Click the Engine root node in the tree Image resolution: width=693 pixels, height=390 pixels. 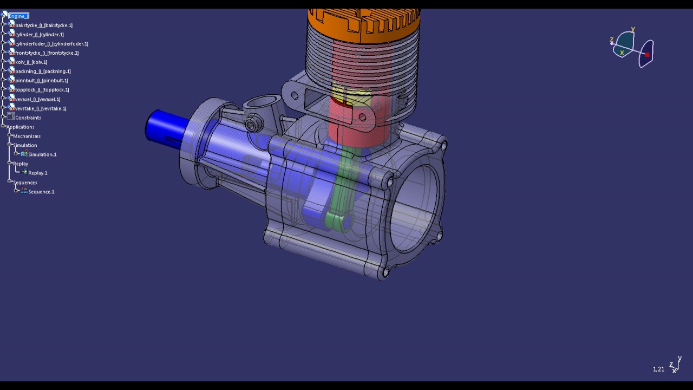pyautogui.click(x=18, y=16)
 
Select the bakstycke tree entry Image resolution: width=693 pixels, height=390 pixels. pyautogui.click(x=43, y=25)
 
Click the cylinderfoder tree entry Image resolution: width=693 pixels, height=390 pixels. pyautogui.click(x=51, y=44)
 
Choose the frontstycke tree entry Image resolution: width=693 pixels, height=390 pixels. pyautogui.click(x=47, y=53)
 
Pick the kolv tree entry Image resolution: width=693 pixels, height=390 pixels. pyautogui.click(x=31, y=62)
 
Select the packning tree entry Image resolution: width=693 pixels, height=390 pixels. pyautogui.click(x=43, y=71)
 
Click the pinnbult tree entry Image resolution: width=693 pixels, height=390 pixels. pyautogui.click(x=42, y=81)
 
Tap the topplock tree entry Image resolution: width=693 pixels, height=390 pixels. pyautogui.click(x=42, y=90)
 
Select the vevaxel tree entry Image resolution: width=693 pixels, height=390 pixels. pyautogui.click(x=37, y=100)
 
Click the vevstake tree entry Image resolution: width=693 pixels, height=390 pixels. pyautogui.click(x=41, y=109)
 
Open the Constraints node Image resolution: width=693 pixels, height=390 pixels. pyautogui.click(x=28, y=118)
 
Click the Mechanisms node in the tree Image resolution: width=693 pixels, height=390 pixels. pyautogui.click(x=27, y=136)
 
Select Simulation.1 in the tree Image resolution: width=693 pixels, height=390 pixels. pyautogui.click(x=42, y=155)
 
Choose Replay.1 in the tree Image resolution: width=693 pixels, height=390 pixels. pyautogui.click(x=37, y=173)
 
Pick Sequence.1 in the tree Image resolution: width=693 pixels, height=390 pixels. pyautogui.click(x=41, y=192)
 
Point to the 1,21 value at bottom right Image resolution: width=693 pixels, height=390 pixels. pyautogui.click(x=658, y=369)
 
